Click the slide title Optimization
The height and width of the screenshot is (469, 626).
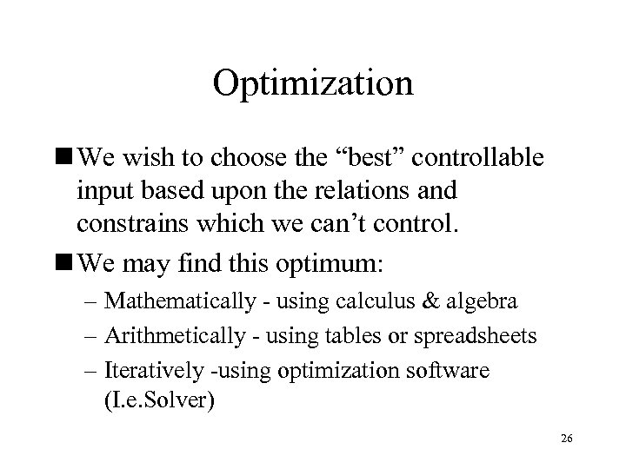[313, 84]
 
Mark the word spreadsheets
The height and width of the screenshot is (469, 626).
[469, 336]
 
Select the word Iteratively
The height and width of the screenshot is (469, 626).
[150, 371]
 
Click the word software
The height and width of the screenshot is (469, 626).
[449, 371]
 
